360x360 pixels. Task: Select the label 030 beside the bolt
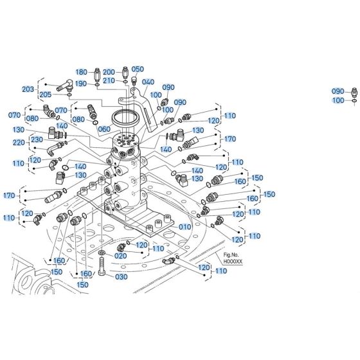[120, 277]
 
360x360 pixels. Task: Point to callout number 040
[148, 82]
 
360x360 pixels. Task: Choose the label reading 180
[81, 71]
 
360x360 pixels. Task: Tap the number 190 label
[81, 84]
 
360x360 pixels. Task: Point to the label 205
[46, 95]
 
